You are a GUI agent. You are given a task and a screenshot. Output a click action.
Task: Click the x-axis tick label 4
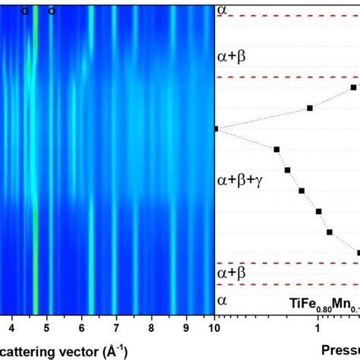pyautogui.click(x=11, y=328)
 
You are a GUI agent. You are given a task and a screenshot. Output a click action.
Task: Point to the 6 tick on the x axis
pyautogui.click(x=82, y=328)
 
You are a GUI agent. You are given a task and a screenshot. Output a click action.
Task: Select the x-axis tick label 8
pyautogui.click(x=151, y=328)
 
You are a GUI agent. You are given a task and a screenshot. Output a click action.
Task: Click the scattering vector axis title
pyautogui.click(x=68, y=350)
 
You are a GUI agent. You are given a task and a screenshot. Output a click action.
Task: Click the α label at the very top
pyautogui.click(x=223, y=9)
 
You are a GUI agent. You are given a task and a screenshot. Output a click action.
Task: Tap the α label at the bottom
pyautogui.click(x=223, y=300)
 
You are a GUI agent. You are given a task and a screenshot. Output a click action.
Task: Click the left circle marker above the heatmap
pyautogui.click(x=24, y=11)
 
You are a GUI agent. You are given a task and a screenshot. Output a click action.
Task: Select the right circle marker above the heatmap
pyautogui.click(x=52, y=11)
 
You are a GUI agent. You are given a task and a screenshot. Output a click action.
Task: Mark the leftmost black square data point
pyautogui.click(x=216, y=129)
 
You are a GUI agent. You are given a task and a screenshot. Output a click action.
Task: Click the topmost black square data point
pyautogui.click(x=353, y=88)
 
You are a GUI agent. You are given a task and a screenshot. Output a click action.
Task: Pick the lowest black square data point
pyautogui.click(x=358, y=251)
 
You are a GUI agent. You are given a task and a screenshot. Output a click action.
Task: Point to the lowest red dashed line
pyautogui.click(x=289, y=285)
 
